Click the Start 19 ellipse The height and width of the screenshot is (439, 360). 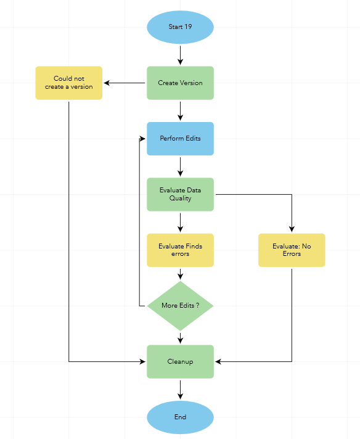pos(180,27)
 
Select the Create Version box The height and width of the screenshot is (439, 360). pos(180,83)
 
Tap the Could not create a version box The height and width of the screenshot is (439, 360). pos(68,83)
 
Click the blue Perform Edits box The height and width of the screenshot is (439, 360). pos(180,138)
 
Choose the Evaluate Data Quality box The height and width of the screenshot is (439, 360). pos(180,194)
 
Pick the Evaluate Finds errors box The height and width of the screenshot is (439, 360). pos(180,250)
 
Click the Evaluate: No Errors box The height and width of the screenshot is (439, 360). pos(292,250)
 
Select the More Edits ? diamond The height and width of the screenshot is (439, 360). pos(180,305)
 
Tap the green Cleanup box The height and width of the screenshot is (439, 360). pos(180,361)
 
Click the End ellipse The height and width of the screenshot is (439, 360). pos(180,417)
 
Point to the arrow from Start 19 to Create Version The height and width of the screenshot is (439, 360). pos(180,55)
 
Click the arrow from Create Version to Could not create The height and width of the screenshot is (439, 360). pos(125,83)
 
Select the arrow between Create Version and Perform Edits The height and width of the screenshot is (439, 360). pos(180,110)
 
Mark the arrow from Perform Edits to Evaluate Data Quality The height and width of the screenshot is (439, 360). pos(180,166)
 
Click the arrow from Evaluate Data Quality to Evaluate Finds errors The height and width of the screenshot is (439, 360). pos(180,222)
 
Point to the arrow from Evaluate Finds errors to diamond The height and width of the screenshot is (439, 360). pos(180,274)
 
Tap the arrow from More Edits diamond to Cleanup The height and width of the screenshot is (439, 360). pos(180,337)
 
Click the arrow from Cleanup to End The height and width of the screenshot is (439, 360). pos(180,389)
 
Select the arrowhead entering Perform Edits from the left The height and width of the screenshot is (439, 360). pos(143,138)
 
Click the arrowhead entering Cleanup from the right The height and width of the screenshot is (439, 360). pos(218,361)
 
